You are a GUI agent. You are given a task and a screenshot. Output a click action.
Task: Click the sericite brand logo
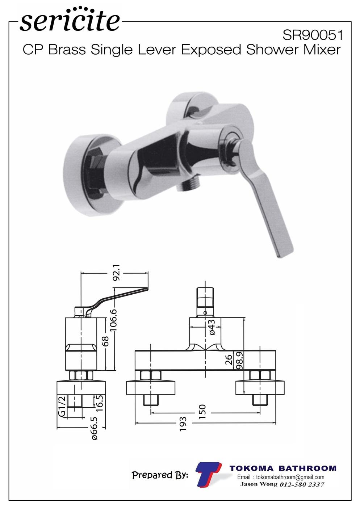[x=70, y=20]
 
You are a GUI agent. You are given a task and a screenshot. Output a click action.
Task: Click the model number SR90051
[x=313, y=35]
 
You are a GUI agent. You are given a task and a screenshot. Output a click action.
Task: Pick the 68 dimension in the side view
[x=105, y=341]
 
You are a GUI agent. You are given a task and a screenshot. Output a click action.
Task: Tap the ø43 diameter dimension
[x=212, y=327]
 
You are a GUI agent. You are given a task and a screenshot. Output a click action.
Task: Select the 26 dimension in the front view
[x=229, y=360]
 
